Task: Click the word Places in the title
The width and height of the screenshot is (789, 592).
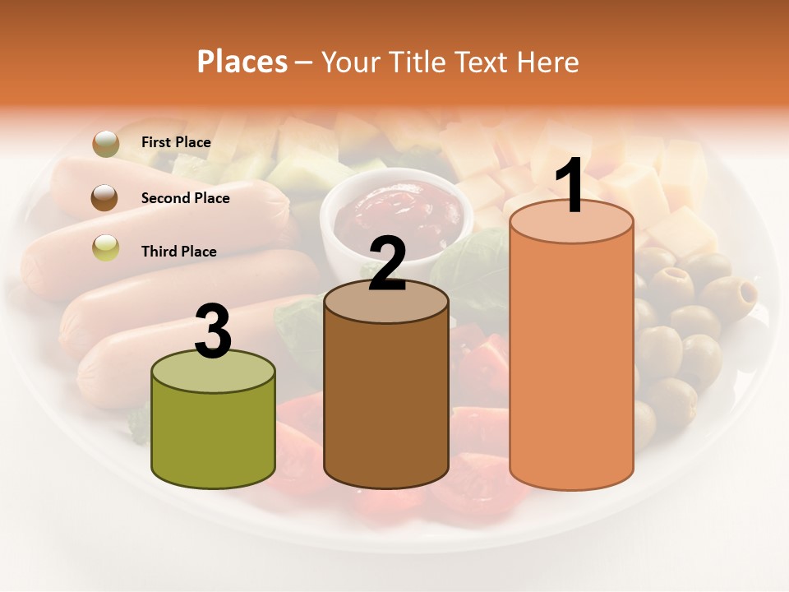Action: [x=242, y=62]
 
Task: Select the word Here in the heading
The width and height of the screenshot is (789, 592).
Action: [x=548, y=62]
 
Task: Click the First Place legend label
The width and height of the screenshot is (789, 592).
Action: [x=176, y=142]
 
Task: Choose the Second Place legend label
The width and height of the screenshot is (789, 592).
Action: [x=185, y=198]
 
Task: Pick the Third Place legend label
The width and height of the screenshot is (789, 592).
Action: [x=178, y=252]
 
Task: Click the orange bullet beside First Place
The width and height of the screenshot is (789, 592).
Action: [x=105, y=143]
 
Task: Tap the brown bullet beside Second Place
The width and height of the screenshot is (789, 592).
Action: [x=105, y=198]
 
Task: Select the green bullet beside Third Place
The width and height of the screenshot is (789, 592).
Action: [x=105, y=247]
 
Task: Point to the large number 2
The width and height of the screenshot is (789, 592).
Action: [x=387, y=264]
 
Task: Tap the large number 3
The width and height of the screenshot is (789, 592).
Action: [x=214, y=332]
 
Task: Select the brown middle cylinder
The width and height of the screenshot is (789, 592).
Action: [x=386, y=403]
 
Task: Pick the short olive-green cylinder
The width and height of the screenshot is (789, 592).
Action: [x=214, y=436]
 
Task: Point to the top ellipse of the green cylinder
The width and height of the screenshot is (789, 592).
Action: [x=214, y=371]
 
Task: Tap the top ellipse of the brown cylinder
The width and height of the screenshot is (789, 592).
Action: [x=386, y=302]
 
